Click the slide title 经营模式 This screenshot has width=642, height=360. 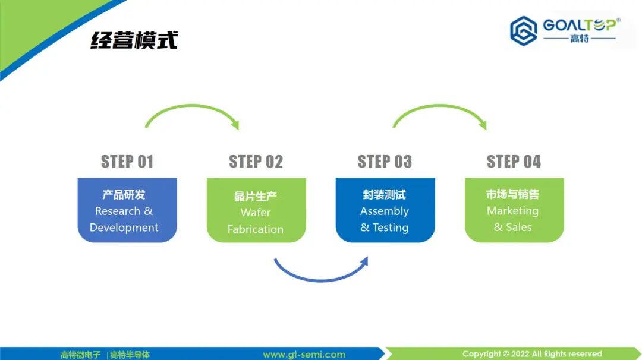point(134,40)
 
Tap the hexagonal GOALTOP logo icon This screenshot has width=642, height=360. point(523,30)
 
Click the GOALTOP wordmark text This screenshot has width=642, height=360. point(580,26)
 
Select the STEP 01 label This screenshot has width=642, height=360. point(127,162)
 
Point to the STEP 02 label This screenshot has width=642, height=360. point(256,162)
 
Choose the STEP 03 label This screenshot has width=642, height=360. point(385,162)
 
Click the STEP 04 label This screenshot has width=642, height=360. point(514,162)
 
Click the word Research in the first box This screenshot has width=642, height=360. point(117,211)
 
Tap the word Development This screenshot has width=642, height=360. point(124,228)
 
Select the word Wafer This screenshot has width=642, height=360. point(256,212)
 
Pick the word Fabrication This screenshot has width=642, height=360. point(256,229)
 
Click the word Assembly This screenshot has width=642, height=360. point(385,211)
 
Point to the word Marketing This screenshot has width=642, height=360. point(512,211)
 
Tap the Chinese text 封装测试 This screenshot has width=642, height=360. point(385,194)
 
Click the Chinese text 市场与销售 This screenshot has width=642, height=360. point(512,194)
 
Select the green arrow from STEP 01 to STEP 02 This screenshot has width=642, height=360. point(191,108)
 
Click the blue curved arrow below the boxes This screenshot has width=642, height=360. point(321,277)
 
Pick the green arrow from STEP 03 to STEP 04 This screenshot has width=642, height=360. point(439,108)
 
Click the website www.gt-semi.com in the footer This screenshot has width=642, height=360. point(304,355)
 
